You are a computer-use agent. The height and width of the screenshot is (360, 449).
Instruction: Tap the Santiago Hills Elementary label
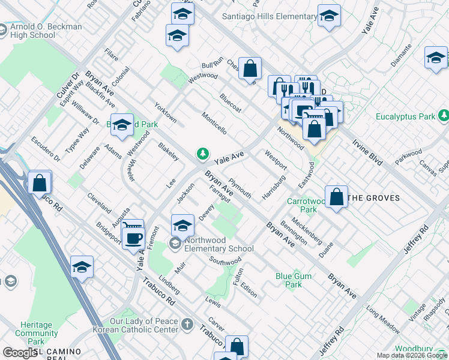tap(270, 17)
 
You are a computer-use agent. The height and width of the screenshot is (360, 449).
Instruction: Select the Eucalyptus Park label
tap(406, 116)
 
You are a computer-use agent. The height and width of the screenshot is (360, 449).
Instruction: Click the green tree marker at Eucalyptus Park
tap(444, 115)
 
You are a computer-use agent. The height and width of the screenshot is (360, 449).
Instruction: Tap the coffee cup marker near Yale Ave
tap(133, 238)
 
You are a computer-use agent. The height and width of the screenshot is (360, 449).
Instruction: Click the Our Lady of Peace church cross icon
tap(187, 325)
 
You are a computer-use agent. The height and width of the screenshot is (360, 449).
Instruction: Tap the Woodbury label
tap(422, 349)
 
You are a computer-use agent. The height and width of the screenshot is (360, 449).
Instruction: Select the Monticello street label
tap(214, 122)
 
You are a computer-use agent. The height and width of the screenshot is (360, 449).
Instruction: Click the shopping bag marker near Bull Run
tap(250, 68)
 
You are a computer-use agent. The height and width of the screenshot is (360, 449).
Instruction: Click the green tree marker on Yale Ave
tap(203, 155)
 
